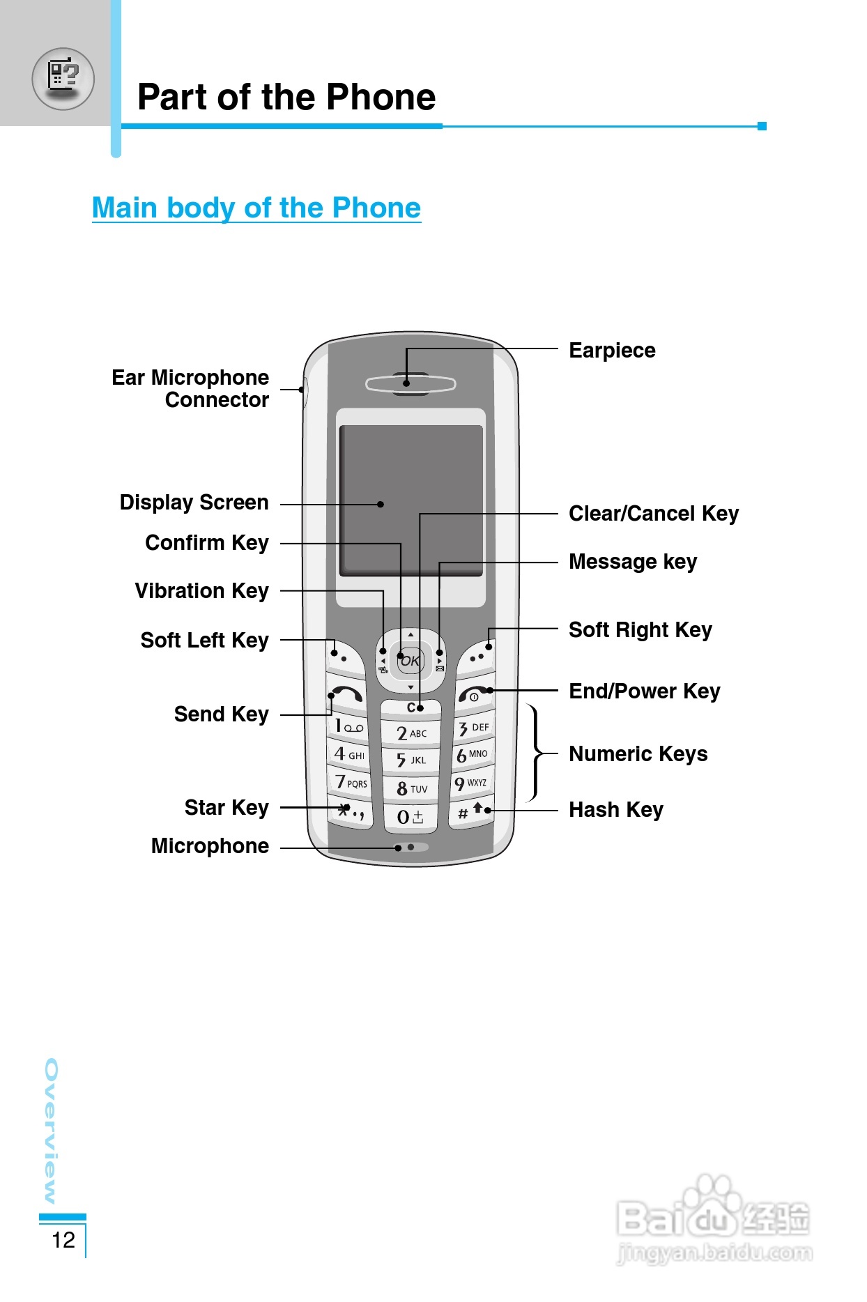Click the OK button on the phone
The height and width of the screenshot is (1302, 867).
click(x=411, y=660)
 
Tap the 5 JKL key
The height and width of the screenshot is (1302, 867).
click(x=411, y=760)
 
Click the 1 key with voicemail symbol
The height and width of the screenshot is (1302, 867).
click(x=349, y=726)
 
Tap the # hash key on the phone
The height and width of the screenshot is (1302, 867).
click(x=472, y=812)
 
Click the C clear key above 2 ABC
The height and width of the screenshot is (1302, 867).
click(x=411, y=708)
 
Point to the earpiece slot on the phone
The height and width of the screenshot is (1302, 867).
click(x=411, y=383)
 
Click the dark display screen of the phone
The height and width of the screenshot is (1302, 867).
click(x=411, y=500)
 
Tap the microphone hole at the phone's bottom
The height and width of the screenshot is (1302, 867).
click(x=411, y=847)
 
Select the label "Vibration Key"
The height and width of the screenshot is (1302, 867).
click(x=201, y=591)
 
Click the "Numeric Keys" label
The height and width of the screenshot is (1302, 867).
click(x=638, y=754)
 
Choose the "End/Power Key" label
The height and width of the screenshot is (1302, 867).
click(x=645, y=691)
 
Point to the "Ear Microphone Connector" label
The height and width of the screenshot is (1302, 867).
click(x=190, y=389)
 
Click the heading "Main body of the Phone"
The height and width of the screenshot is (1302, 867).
click(x=256, y=208)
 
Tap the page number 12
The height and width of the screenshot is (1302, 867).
click(x=63, y=1240)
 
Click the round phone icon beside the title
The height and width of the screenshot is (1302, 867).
click(x=63, y=79)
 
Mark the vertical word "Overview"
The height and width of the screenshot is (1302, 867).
click(x=51, y=1131)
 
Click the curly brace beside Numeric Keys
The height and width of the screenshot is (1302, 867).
click(x=535, y=753)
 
